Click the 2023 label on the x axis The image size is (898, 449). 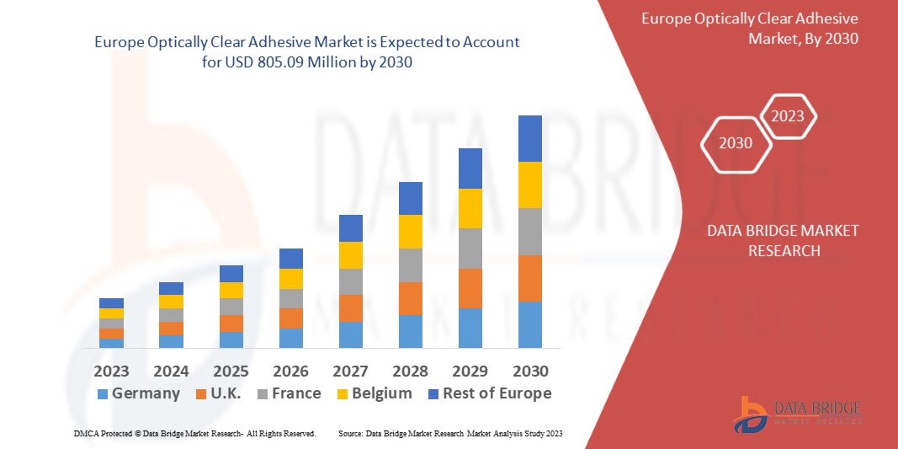pos(111,371)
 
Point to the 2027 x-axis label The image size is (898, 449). pos(350,371)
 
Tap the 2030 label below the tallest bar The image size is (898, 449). pos(530,371)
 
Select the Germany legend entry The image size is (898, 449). pos(138,393)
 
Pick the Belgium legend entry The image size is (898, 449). pos(373,393)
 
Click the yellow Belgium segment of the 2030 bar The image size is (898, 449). pos(530,184)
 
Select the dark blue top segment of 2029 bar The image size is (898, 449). pos(470,168)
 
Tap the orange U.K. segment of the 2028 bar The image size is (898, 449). pos(411,298)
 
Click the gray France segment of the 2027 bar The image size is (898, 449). pos(350,281)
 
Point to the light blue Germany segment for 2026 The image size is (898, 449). pos(291,338)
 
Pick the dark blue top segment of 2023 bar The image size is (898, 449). pos(111,303)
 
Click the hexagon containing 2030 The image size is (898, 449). pos(736,143)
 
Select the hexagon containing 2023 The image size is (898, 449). pos(788,116)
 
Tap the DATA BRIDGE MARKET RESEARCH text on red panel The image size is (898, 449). pos(783,240)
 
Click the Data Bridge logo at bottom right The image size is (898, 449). pos(796,414)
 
